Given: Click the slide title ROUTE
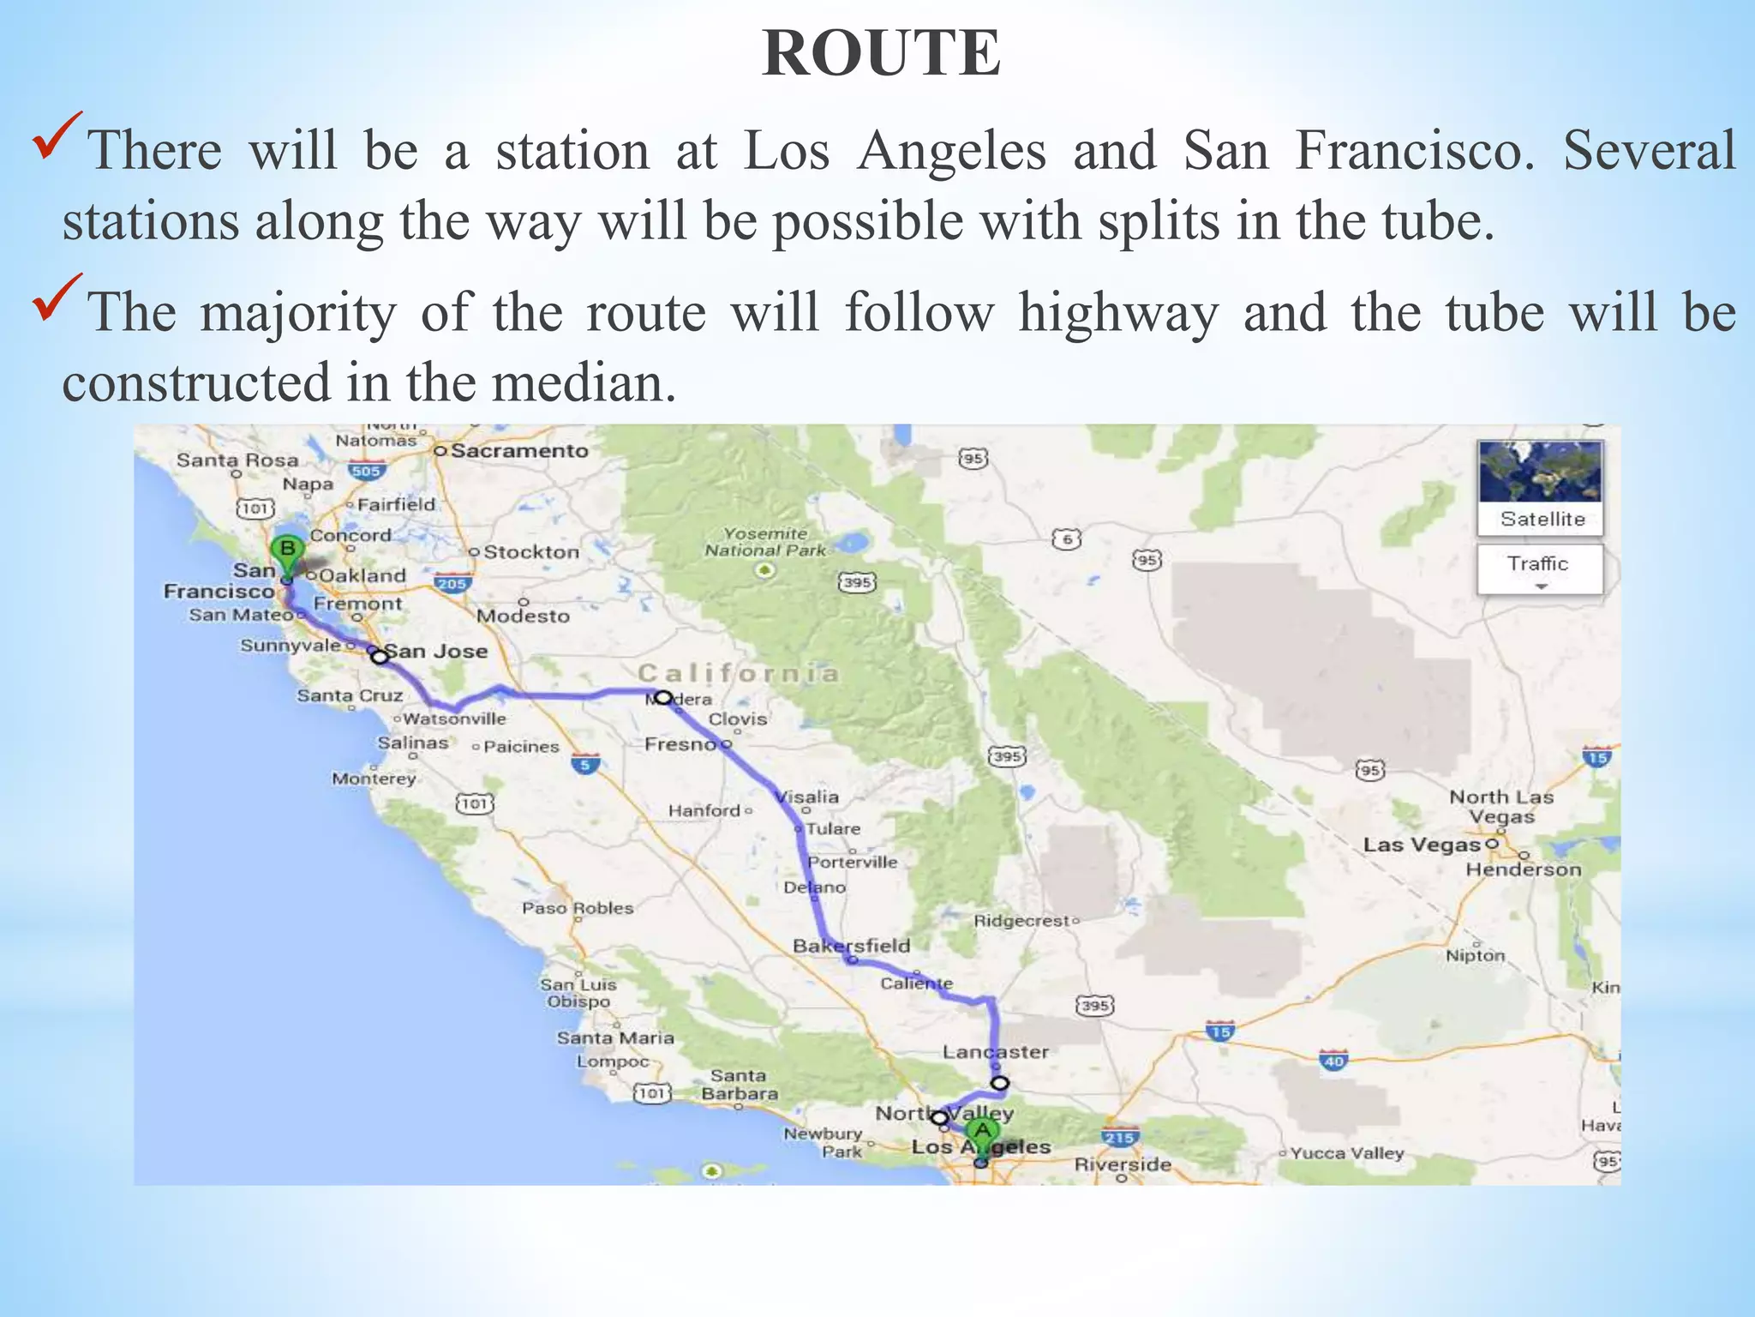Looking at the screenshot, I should pos(881,53).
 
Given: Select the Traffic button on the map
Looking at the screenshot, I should pos(1539,567).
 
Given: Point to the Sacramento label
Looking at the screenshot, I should pos(519,451).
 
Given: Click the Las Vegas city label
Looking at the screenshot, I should pos(1423,845).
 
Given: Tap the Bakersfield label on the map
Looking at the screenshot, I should pos(851,945).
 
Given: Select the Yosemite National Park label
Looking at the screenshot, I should pos(764,542).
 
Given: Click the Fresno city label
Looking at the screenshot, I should pos(680,743).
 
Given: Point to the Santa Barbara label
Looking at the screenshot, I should pos(739,1085).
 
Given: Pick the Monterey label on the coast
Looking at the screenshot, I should pos(374,779).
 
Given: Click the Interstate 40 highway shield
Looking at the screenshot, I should pos(1333,1061).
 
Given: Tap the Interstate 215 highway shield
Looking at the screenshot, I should pos(1119,1138).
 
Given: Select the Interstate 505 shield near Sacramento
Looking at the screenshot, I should pos(366,470).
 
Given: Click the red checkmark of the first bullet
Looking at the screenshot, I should pos(57,135).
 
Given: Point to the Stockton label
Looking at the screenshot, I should pos(531,552).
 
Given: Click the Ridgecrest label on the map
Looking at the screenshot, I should pos(1022,921).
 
